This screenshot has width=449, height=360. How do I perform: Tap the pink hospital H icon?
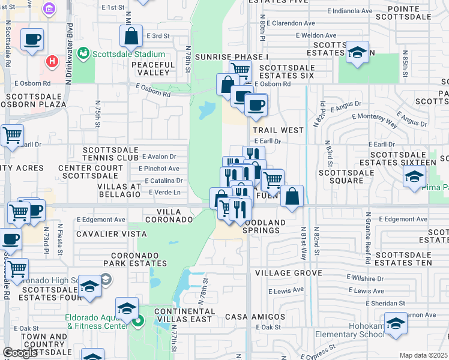point(53,61)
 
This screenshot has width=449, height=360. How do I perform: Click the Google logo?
point(20,353)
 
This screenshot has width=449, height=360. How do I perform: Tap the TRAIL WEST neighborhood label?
point(278,130)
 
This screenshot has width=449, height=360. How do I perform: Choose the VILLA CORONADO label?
point(175,216)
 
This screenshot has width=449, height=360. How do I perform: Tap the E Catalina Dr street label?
point(164,180)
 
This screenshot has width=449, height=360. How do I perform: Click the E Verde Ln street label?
point(163,192)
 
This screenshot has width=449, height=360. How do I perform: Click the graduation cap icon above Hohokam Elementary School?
point(396,324)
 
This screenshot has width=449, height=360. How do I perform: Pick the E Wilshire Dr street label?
point(366,278)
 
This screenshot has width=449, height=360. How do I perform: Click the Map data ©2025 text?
point(423,355)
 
